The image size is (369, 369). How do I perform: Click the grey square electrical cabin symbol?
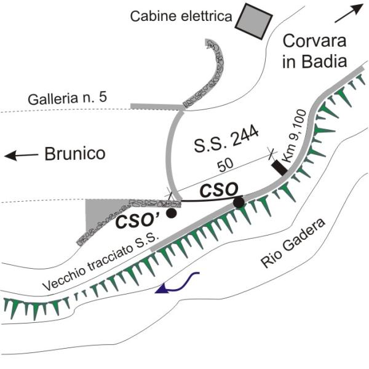click(x=253, y=22)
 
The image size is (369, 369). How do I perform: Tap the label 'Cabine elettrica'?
click(x=181, y=17)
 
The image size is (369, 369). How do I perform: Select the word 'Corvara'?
click(x=314, y=41)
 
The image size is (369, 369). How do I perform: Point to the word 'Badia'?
click(x=325, y=61)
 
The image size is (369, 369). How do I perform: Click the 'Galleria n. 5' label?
click(x=68, y=98)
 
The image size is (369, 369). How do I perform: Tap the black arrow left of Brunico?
click(x=21, y=156)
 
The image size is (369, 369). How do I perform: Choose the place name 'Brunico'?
click(x=75, y=154)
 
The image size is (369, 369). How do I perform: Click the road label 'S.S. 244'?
click(x=226, y=140)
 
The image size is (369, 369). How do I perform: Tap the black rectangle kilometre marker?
click(x=279, y=167)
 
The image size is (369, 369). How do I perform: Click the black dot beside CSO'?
click(x=171, y=213)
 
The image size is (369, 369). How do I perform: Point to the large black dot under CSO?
click(x=239, y=202)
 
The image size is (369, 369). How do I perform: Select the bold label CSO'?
click(x=138, y=222)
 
